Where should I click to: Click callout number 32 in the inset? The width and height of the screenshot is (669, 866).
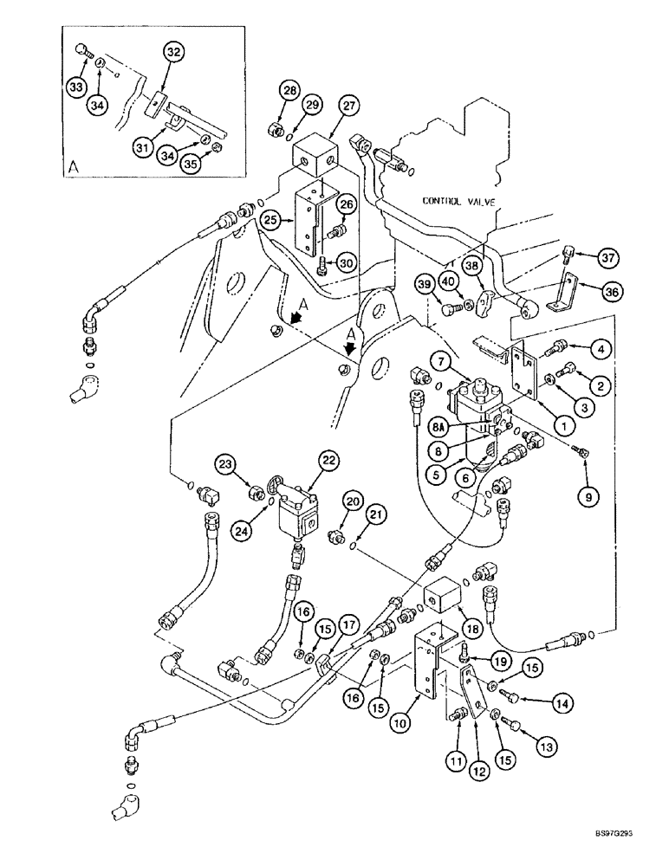(x=173, y=53)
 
